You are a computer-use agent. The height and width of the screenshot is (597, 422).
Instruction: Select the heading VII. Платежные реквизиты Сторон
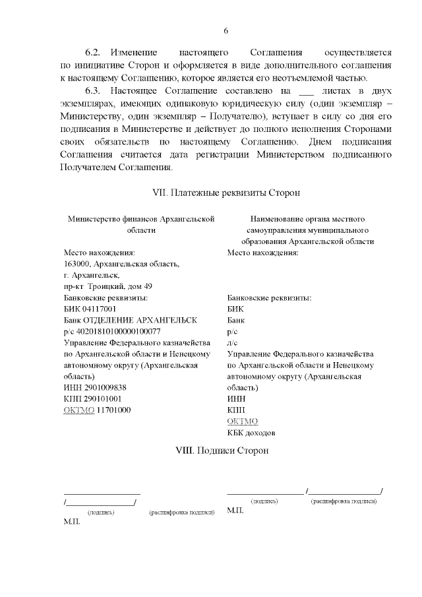tap(226, 193)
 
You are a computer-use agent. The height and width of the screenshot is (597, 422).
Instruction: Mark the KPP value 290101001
tap(101, 399)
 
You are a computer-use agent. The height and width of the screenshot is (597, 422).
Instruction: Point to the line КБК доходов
tap(251, 433)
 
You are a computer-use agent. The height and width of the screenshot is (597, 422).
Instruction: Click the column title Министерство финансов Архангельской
tap(142, 218)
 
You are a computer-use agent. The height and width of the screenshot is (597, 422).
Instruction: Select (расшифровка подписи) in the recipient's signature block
tap(344, 501)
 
